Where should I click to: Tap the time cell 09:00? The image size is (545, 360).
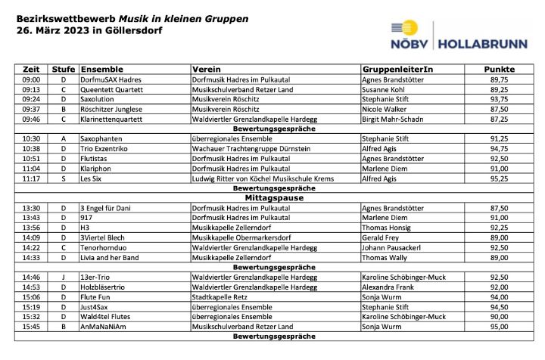(31, 79)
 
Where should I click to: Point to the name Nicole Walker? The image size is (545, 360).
(385, 109)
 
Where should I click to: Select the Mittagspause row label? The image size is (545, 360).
(273, 198)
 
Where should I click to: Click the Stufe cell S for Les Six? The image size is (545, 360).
(64, 178)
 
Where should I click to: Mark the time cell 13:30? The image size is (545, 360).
(31, 208)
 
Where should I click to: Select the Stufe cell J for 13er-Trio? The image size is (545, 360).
(64, 278)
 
